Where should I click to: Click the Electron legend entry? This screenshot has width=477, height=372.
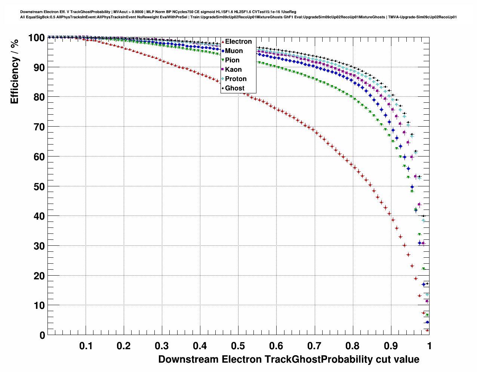coord(238,41)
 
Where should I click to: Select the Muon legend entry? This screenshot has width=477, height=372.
coord(234,51)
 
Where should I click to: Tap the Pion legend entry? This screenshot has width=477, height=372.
coord(232,60)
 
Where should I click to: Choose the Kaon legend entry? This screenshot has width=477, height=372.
coord(233,69)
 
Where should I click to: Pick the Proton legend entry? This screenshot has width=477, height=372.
coord(236,79)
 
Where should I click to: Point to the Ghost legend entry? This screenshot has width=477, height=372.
coord(234,88)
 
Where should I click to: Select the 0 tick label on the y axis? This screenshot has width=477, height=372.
coord(42,335)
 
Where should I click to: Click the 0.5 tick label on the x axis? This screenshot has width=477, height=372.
coord(238,346)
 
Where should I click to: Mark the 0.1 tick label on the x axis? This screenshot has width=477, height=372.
coord(86,346)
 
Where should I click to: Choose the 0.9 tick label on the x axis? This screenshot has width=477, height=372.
coord(391,346)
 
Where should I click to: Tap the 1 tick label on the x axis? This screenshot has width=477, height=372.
coord(429,346)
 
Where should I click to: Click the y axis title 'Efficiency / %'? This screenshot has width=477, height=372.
coord(14,71)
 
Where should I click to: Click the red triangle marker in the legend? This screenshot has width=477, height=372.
coord(223,41)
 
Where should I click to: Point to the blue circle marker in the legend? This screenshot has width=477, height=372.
coord(223,51)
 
